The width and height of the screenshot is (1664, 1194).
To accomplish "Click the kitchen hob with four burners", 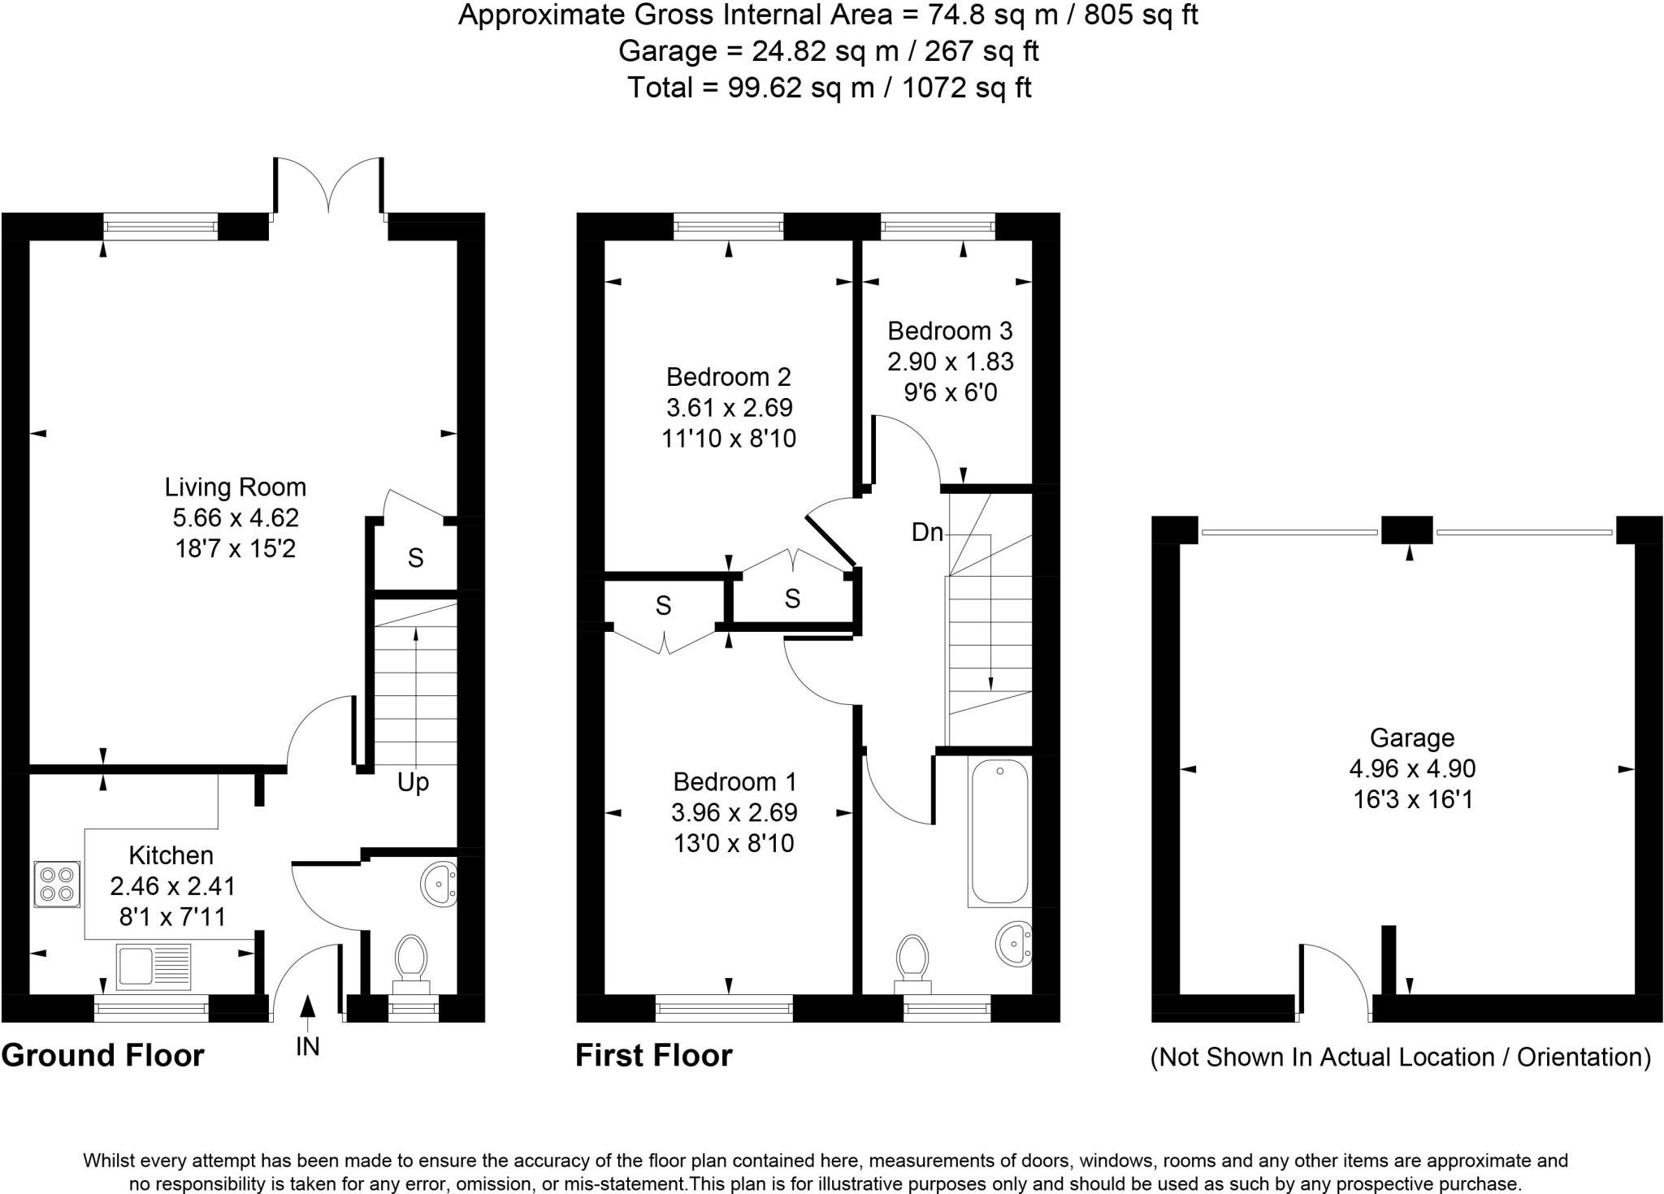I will click(57, 885).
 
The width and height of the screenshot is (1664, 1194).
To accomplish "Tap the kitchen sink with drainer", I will click(153, 967).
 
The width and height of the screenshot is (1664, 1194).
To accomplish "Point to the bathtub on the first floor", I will click(999, 832).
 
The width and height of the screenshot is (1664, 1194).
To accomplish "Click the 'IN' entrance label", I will click(307, 1047).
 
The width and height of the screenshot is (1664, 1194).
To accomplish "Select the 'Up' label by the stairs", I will click(413, 783).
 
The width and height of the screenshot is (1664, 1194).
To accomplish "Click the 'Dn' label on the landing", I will click(927, 532).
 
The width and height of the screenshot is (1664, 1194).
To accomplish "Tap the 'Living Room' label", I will click(236, 487).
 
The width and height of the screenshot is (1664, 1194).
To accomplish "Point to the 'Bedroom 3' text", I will click(950, 331).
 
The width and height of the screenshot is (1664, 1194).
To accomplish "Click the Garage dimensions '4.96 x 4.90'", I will click(1412, 768).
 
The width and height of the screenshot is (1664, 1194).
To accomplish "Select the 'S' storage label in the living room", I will click(415, 558).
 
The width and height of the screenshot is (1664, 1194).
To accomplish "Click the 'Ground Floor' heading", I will click(103, 1055).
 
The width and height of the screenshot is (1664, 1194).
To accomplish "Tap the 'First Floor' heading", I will click(654, 1055).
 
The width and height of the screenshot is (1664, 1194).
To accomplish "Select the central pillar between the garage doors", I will click(1407, 530).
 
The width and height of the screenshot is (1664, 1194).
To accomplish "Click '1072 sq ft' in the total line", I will click(967, 87).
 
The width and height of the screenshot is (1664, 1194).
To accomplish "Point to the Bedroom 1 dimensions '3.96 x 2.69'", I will click(734, 812).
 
